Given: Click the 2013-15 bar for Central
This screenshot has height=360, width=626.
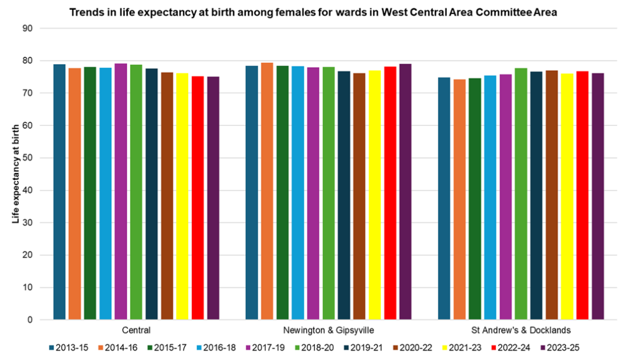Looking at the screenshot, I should [59, 192].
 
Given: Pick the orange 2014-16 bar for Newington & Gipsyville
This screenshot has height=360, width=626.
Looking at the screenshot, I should [267, 191].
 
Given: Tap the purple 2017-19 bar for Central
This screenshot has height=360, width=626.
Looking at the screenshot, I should [120, 191].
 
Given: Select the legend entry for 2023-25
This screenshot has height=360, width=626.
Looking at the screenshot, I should [561, 348].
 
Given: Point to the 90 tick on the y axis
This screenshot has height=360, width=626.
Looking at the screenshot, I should [27, 28].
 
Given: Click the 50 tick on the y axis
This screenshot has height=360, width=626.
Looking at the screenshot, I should [27, 158].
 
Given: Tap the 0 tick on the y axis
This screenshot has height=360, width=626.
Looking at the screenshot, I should [29, 320].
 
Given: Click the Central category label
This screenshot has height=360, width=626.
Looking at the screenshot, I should [136, 330].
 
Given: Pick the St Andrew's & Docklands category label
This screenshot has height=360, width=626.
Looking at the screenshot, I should [521, 330].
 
